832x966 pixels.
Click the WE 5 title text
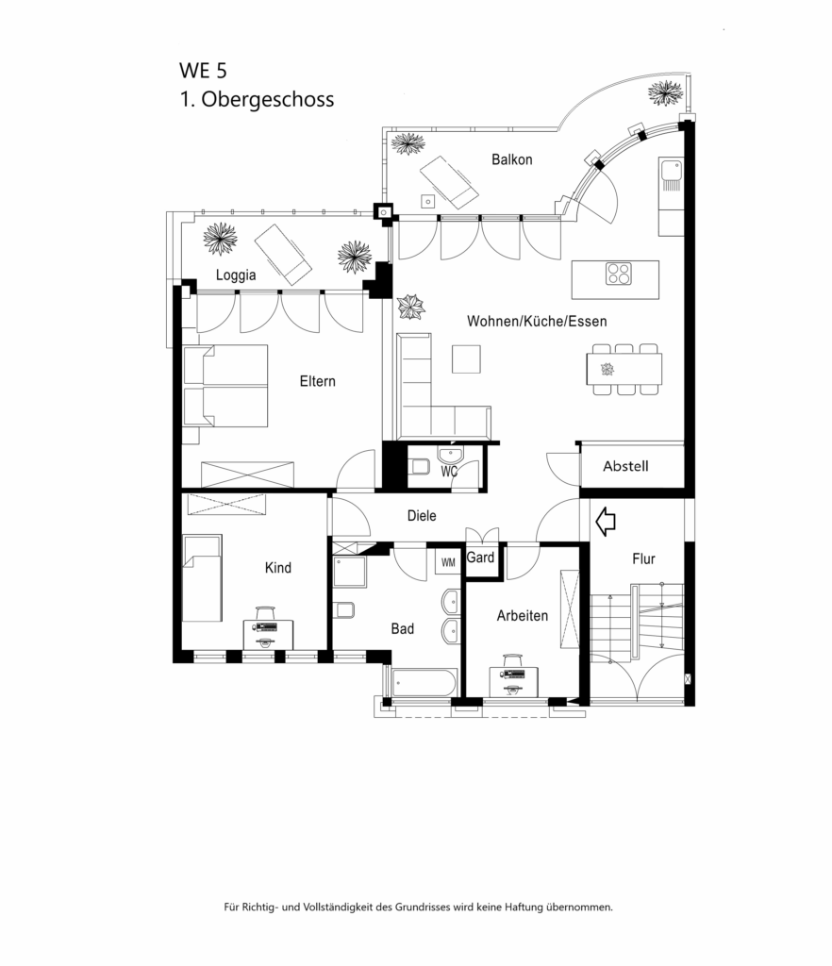(203, 71)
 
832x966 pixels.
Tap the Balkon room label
(511, 159)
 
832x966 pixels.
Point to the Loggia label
(236, 276)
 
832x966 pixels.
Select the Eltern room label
(317, 382)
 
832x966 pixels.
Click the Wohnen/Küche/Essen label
(536, 322)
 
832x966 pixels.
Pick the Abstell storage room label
(625, 466)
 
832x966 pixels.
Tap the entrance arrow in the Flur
(605, 519)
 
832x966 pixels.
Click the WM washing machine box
(447, 562)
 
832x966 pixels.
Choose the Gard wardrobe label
(480, 558)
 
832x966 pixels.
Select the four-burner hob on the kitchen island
(619, 274)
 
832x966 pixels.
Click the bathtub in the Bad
(424, 682)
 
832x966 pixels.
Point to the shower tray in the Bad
(349, 572)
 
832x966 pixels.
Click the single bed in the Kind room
(201, 577)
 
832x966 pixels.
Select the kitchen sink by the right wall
(671, 174)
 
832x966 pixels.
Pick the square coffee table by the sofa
(467, 359)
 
